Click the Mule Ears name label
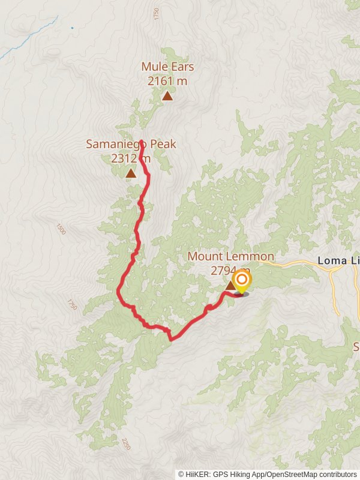pyautogui.click(x=167, y=67)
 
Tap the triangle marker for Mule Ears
pyautogui.click(x=167, y=95)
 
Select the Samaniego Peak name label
pyautogui.click(x=131, y=144)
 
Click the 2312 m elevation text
pyautogui.click(x=130, y=158)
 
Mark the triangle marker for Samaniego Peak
pyautogui.click(x=131, y=173)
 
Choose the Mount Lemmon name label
pyautogui.click(x=231, y=257)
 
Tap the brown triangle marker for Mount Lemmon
pyautogui.click(x=230, y=287)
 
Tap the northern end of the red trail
pyautogui.click(x=141, y=142)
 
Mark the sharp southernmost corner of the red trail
pyautogui.click(x=172, y=340)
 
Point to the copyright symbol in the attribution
pyautogui.click(x=181, y=474)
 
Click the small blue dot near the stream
pyautogui.click(x=72, y=28)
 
